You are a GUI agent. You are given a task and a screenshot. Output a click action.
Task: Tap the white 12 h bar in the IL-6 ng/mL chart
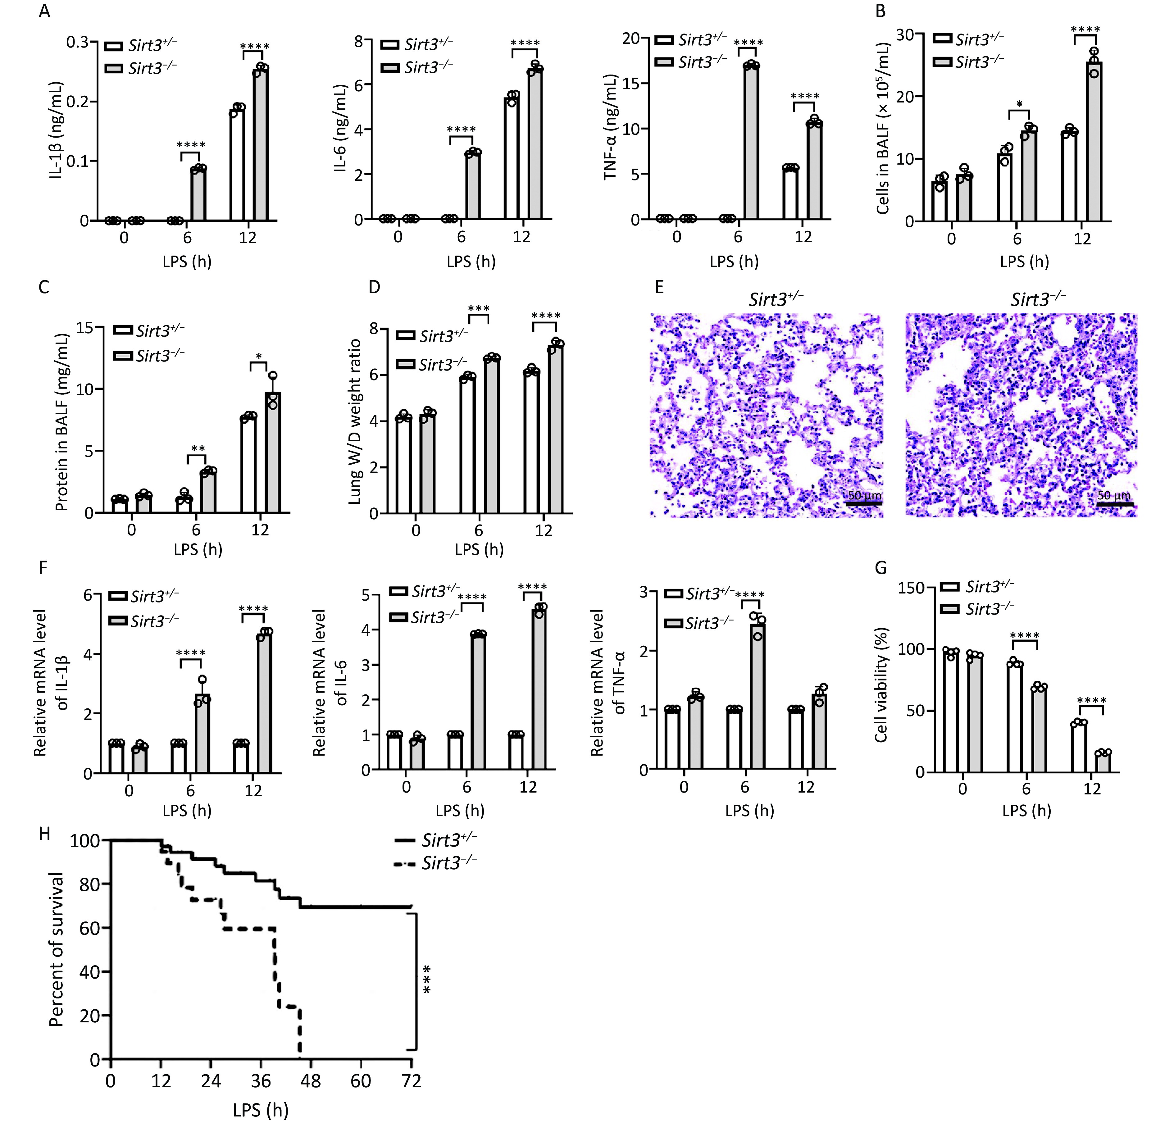pos(512,159)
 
